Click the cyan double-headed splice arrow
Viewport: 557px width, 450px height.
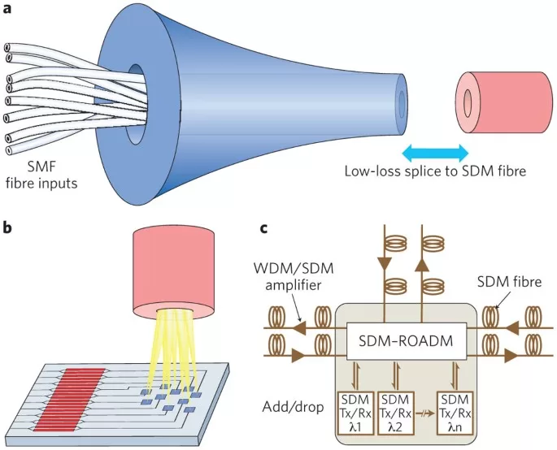434,152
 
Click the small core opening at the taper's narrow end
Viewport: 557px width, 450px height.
402,104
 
